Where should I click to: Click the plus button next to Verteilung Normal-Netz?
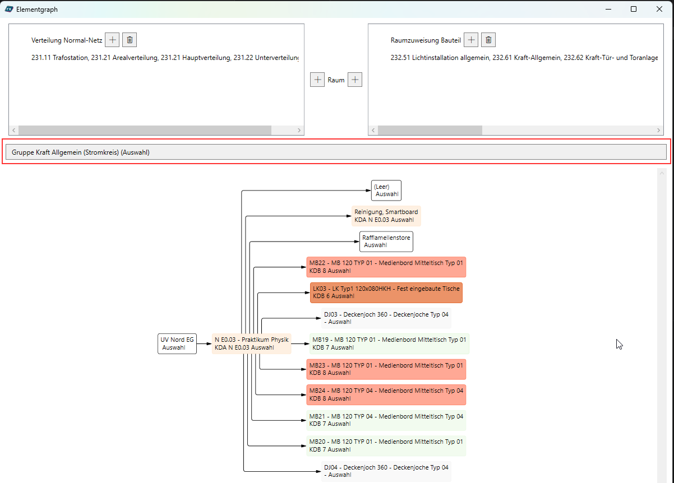[x=112, y=40]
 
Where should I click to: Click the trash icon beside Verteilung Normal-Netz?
[x=130, y=40]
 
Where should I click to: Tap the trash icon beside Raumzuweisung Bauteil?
[x=488, y=40]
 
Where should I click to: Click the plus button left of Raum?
[x=317, y=80]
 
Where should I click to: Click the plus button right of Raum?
[x=355, y=80]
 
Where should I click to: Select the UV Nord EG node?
[x=177, y=343]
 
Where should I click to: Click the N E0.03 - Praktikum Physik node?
[x=252, y=343]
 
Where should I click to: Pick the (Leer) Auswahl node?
[x=386, y=191]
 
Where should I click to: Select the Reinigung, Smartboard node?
[x=386, y=216]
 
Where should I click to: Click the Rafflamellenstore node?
[x=386, y=241]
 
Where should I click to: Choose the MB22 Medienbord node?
[x=386, y=267]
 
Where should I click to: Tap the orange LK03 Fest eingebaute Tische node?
[x=386, y=292]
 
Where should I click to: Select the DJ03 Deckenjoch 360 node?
[x=386, y=318]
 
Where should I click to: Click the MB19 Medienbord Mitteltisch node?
[x=389, y=343]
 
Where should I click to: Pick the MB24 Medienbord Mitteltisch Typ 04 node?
[x=386, y=394]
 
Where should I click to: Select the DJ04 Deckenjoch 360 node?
[x=386, y=471]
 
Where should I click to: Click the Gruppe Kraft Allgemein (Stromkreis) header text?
[x=81, y=152]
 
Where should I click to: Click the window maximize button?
[x=634, y=9]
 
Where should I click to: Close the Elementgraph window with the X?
[x=659, y=9]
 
